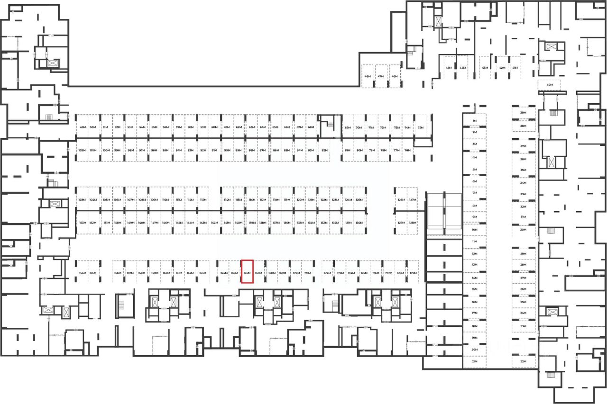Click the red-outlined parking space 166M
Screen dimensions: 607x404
pyautogui.click(x=247, y=272)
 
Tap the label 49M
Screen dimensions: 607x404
pyautogui.click(x=83, y=127)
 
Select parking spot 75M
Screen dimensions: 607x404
pyautogui.click(x=420, y=127)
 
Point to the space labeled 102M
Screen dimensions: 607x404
pyautogui.click(x=82, y=150)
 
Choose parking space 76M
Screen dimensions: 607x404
pyautogui.click(x=407, y=150)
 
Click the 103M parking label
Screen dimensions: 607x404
pyautogui.click(x=82, y=200)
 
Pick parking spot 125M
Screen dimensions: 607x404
pyautogui.click(x=359, y=200)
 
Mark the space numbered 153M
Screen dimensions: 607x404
pyautogui.click(x=82, y=223)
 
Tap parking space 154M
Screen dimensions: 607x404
pyautogui.click(x=83, y=273)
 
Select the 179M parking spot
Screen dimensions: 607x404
pyautogui.click(x=413, y=273)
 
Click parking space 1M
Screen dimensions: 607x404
pyautogui.click(x=474, y=121)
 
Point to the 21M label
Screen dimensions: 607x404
pyautogui.click(x=474, y=361)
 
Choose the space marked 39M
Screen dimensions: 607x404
pyautogui.click(x=524, y=113)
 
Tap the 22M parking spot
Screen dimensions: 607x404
pyautogui.click(x=524, y=361)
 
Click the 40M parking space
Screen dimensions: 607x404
pyautogui.click(x=550, y=85)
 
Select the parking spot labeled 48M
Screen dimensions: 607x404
pyautogui.click(x=368, y=76)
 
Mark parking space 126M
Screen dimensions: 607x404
pyautogui.click(x=401, y=200)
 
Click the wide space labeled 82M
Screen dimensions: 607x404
pyautogui.click(x=325, y=150)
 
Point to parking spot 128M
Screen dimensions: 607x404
pyautogui.click(x=412, y=223)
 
